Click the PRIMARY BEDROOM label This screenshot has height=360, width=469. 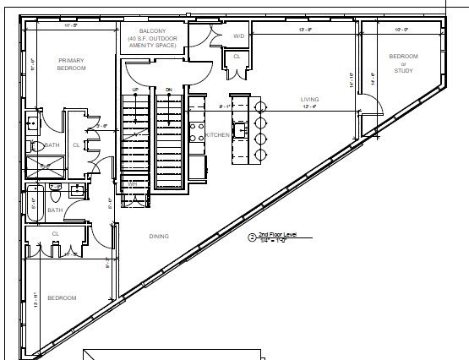click(x=72, y=64)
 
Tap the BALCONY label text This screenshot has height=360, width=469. click(x=153, y=31)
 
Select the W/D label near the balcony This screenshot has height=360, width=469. click(x=238, y=36)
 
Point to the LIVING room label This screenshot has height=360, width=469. click(x=309, y=99)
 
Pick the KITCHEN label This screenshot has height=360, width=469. click(x=217, y=135)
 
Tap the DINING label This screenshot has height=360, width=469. click(x=159, y=237)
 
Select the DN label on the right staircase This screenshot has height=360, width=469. click(x=169, y=89)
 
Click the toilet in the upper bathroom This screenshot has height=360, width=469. click(x=37, y=146)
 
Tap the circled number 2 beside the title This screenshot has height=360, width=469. click(x=251, y=237)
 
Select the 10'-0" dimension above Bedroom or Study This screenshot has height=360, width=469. click(x=401, y=29)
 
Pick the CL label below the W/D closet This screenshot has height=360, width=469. click(x=237, y=57)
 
